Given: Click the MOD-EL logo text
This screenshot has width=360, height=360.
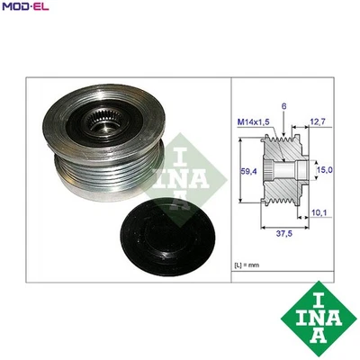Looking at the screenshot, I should tap(25, 8).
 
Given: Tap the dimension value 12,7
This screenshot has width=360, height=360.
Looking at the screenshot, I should tap(318, 122).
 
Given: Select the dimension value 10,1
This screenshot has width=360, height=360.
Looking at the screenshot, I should tap(318, 214).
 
